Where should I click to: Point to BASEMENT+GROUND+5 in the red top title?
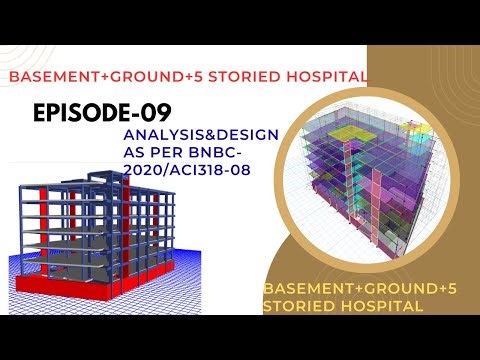coord(115,77)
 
